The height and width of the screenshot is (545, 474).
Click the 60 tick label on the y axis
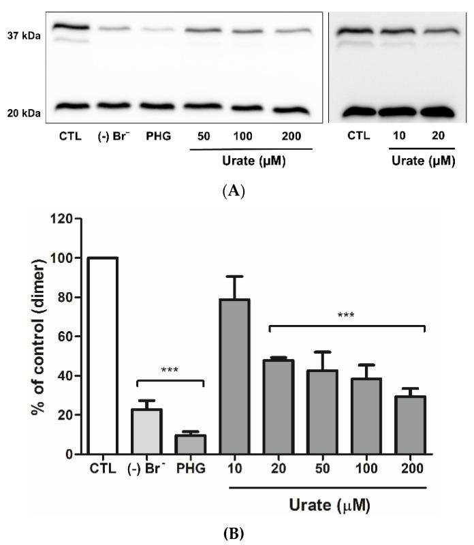pyautogui.click(x=66, y=337)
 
